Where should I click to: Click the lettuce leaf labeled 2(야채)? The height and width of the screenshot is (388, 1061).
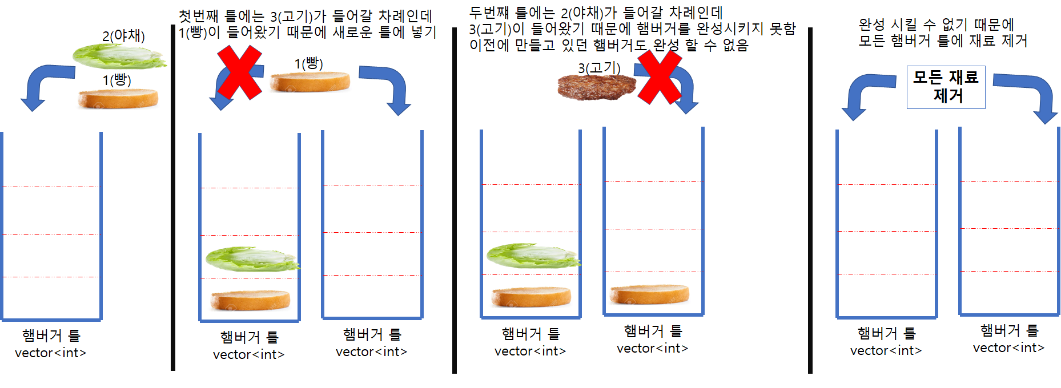point(119,56)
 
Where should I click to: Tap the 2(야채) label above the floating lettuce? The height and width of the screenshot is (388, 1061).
point(123,35)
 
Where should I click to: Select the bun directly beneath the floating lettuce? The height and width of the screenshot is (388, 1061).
point(118,98)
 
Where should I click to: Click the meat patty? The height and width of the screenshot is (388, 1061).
point(597,87)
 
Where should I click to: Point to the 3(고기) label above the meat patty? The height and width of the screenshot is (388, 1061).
point(599,68)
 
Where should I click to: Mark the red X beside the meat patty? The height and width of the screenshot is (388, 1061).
point(660,78)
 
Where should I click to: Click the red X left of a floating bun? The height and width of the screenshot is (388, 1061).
point(240,72)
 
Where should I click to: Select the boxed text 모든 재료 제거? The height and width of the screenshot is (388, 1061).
point(946,87)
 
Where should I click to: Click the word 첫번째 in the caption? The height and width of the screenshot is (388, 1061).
point(198,16)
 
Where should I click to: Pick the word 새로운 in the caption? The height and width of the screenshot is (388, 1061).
point(352,32)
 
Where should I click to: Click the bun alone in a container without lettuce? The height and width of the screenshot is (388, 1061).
point(649,294)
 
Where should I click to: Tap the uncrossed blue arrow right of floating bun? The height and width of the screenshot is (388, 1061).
point(387,87)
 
